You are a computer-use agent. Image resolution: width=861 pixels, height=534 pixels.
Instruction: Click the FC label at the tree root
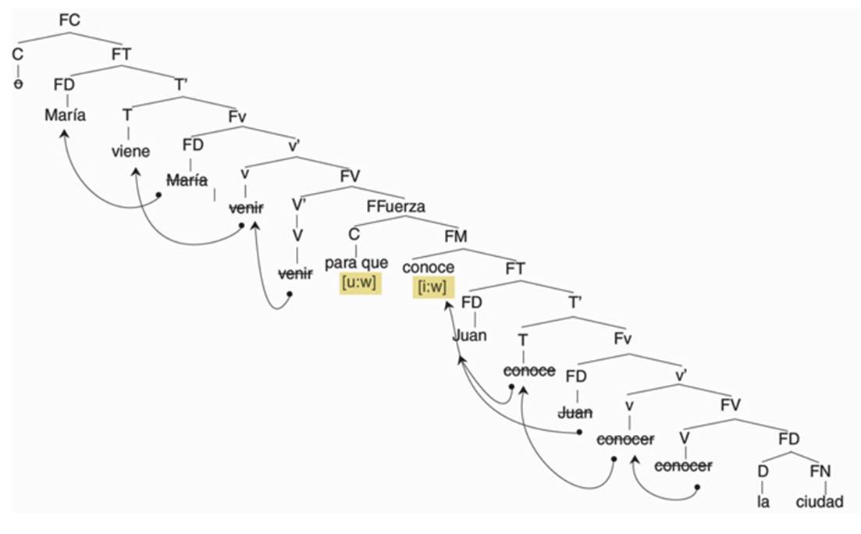point(69,20)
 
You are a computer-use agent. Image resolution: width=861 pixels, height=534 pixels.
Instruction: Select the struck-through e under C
point(18,84)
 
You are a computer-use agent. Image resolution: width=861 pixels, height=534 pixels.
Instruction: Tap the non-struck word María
point(65,116)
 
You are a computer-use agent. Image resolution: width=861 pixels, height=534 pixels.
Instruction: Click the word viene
point(130,151)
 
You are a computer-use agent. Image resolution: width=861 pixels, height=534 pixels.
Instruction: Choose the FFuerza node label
point(396,206)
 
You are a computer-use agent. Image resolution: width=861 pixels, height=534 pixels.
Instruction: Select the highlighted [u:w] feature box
point(358,283)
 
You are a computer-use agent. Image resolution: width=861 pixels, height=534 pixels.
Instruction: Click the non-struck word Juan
point(470,336)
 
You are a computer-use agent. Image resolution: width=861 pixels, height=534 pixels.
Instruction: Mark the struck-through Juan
point(576,411)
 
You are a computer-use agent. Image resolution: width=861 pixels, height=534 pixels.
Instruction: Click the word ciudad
point(820,501)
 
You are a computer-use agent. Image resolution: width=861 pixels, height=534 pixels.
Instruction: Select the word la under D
point(763,501)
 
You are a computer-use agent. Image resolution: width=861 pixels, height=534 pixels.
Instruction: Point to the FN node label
point(820,471)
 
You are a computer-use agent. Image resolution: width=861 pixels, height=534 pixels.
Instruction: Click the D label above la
point(763,471)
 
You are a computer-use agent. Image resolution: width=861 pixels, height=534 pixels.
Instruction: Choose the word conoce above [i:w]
point(429,267)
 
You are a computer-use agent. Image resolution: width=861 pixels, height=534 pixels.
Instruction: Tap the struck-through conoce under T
point(529,370)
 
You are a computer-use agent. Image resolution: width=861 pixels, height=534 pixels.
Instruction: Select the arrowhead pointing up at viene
point(133,169)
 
